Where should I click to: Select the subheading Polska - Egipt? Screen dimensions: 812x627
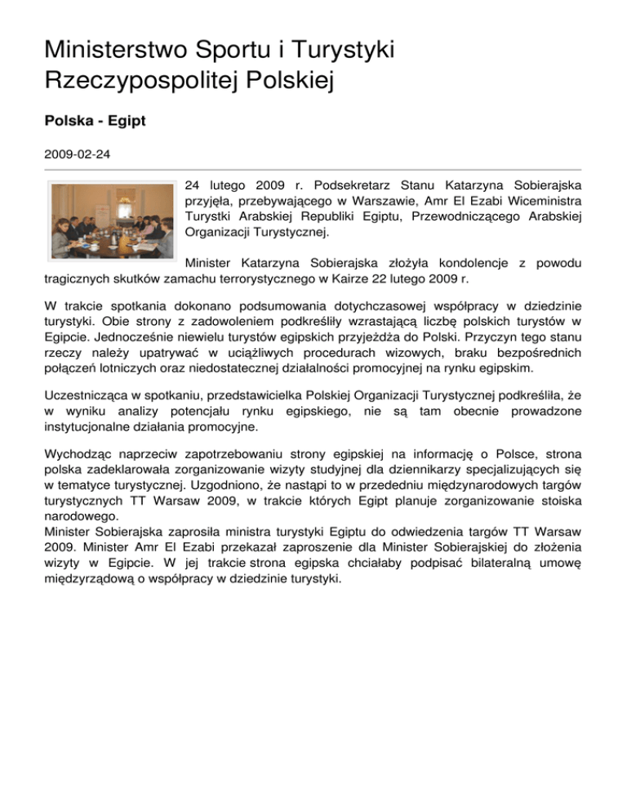point(95,121)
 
